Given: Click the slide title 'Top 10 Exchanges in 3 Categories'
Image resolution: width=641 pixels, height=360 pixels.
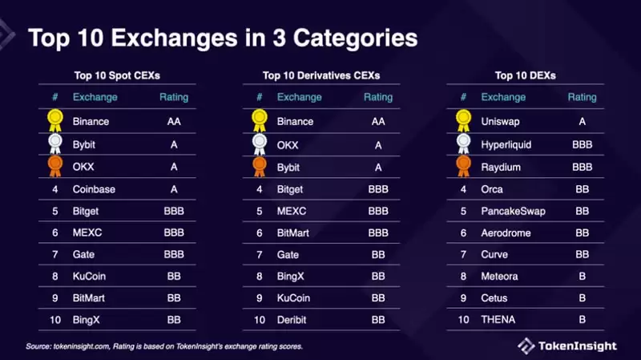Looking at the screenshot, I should (x=222, y=38).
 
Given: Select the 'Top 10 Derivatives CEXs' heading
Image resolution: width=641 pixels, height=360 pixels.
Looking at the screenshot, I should (x=320, y=76).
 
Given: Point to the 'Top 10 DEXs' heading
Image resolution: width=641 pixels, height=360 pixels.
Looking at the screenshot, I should (x=525, y=76).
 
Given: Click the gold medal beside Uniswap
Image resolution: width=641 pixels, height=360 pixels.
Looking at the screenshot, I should (x=463, y=120).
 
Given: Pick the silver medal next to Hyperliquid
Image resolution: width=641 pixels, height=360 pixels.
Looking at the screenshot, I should (x=463, y=144).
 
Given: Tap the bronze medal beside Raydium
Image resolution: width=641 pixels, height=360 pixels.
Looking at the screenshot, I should (x=463, y=167).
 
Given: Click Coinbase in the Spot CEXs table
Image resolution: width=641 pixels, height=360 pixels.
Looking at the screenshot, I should (x=95, y=190).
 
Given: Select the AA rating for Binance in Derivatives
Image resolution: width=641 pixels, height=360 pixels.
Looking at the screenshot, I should (x=378, y=122).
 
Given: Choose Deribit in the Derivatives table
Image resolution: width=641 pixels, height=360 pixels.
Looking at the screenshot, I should (x=293, y=320).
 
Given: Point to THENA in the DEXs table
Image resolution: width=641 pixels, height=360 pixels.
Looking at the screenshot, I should (x=497, y=320).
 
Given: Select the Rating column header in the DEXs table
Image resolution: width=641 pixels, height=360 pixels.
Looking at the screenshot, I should (x=583, y=98).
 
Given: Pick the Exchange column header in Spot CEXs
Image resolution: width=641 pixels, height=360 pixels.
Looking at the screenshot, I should (x=95, y=98).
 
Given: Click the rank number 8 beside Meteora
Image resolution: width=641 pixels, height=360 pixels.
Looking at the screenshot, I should (x=462, y=277).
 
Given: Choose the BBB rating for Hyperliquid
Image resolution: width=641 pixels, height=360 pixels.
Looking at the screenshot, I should (x=583, y=145).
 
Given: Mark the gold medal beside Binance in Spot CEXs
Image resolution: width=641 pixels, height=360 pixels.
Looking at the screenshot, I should (x=54, y=120).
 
